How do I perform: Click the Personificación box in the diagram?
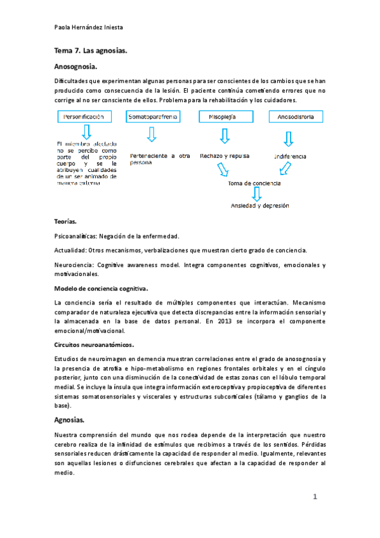[88, 117]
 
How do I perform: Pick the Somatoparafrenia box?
[152, 117]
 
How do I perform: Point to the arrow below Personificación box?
[87, 131]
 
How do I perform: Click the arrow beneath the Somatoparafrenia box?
[152, 134]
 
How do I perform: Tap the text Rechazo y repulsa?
[224, 155]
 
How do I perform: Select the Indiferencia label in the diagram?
[290, 156]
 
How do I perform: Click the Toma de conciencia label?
[254, 183]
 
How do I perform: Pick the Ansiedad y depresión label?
[259, 206]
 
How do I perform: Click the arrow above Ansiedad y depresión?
[256, 194]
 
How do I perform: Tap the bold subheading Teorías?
[66, 222]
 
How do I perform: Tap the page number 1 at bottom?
[315, 497]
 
